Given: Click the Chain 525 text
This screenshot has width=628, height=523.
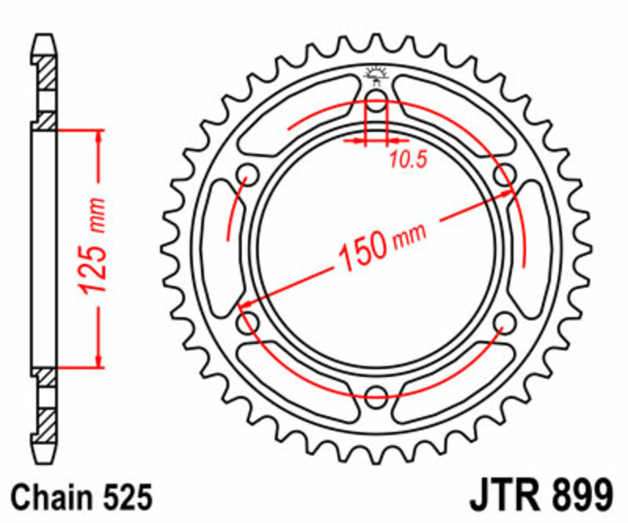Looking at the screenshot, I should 82,497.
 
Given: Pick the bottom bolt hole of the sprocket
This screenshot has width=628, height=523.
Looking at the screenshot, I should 377,394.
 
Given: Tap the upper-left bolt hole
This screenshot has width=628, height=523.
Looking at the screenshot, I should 248,174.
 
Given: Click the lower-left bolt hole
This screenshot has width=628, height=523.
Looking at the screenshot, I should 248,321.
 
